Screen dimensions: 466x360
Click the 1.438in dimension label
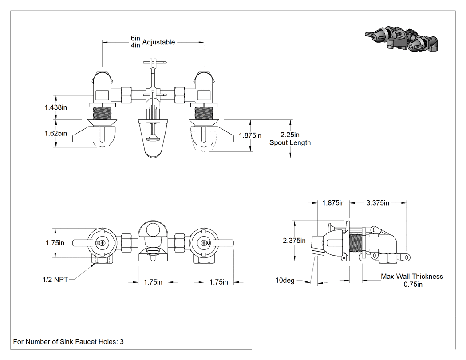56,107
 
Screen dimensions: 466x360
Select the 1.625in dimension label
56,133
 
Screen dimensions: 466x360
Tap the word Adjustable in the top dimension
158,42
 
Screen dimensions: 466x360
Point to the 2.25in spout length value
290,135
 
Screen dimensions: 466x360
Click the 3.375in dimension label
377,203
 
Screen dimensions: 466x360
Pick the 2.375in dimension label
294,241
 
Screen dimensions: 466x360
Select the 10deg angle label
285,281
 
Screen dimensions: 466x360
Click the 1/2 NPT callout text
55,280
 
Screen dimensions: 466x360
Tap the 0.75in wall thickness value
413,284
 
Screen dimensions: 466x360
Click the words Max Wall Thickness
412,277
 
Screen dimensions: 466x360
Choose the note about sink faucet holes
68,341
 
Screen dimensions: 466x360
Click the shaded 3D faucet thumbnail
402,39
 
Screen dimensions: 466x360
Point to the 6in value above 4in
135,38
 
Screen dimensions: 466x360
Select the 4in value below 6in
135,45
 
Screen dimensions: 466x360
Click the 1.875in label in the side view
333,203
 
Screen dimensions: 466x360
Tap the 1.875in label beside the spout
250,135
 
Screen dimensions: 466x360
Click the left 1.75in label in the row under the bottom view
153,282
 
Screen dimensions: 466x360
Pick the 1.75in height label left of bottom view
55,243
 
